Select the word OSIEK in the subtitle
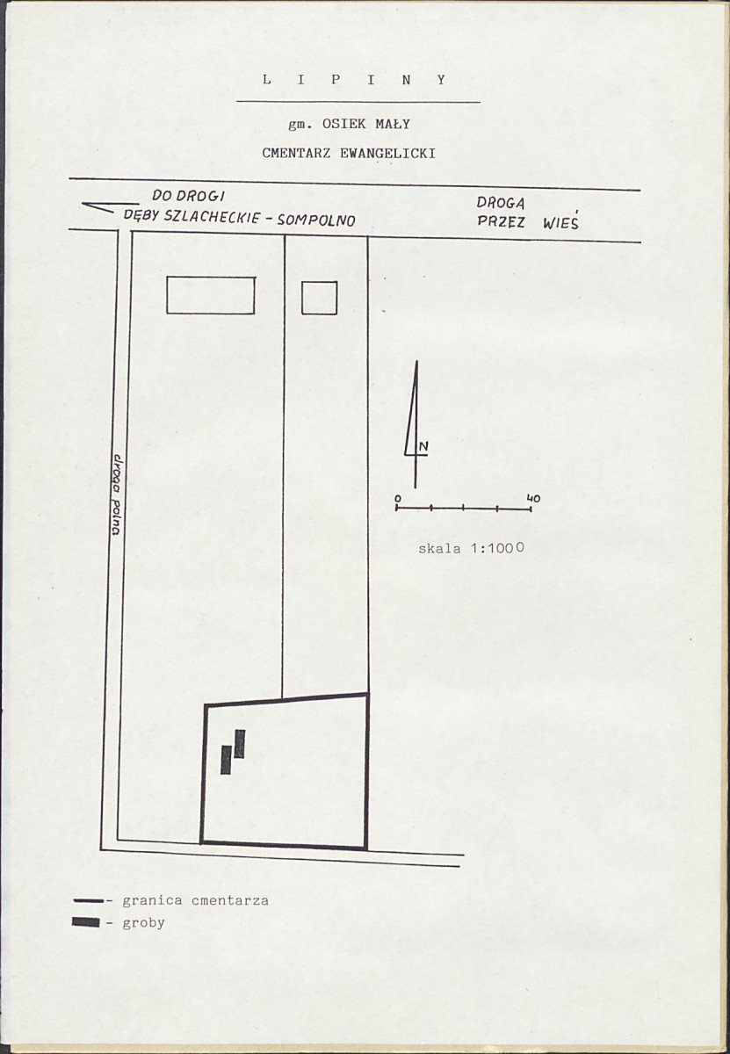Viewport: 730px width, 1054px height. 343,124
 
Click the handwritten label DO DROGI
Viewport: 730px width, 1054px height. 188,197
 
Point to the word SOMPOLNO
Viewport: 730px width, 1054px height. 316,220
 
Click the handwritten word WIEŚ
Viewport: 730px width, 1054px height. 560,222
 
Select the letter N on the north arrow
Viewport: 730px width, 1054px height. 423,446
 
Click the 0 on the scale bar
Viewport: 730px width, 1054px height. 398,498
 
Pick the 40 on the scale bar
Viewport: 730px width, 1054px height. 534,498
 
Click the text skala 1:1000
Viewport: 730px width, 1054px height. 471,548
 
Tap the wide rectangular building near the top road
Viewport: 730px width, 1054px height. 211,295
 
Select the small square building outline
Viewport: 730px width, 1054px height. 320,298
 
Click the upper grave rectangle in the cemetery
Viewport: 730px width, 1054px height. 240,743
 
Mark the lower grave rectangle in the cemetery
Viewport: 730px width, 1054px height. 226,760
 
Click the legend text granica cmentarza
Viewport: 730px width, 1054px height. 195,900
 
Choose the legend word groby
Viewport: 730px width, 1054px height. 143,923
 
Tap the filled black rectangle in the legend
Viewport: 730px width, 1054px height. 86,922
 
